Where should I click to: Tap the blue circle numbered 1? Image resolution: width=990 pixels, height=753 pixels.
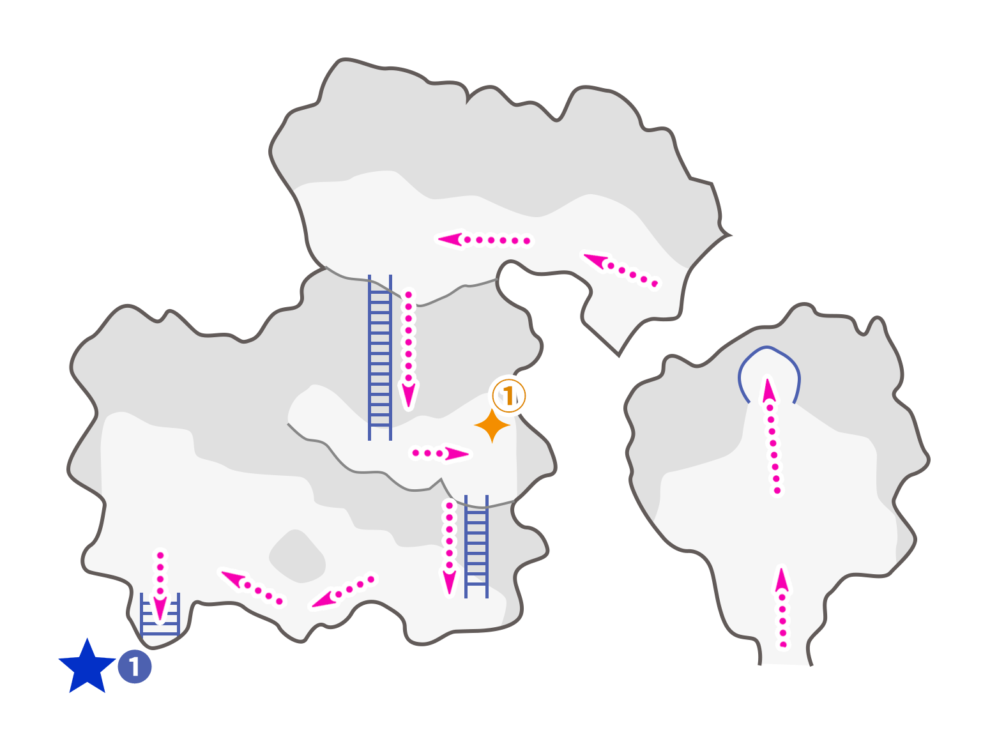[135, 667]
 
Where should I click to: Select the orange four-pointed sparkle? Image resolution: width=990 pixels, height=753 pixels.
[492, 425]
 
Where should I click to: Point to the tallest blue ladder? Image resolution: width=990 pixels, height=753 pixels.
[379, 358]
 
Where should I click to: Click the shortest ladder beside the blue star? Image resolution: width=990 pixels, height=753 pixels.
[160, 614]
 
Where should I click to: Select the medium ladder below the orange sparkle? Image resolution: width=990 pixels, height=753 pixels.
[476, 546]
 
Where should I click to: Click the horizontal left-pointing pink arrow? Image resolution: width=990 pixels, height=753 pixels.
[484, 240]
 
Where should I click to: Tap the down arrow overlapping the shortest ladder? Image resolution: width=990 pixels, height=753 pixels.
[160, 584]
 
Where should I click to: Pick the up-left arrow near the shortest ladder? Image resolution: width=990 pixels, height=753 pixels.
[252, 587]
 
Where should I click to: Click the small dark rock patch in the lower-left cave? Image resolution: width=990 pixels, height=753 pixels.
[298, 556]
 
